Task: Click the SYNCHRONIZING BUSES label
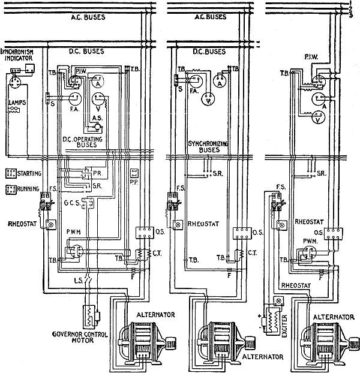[205, 148]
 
